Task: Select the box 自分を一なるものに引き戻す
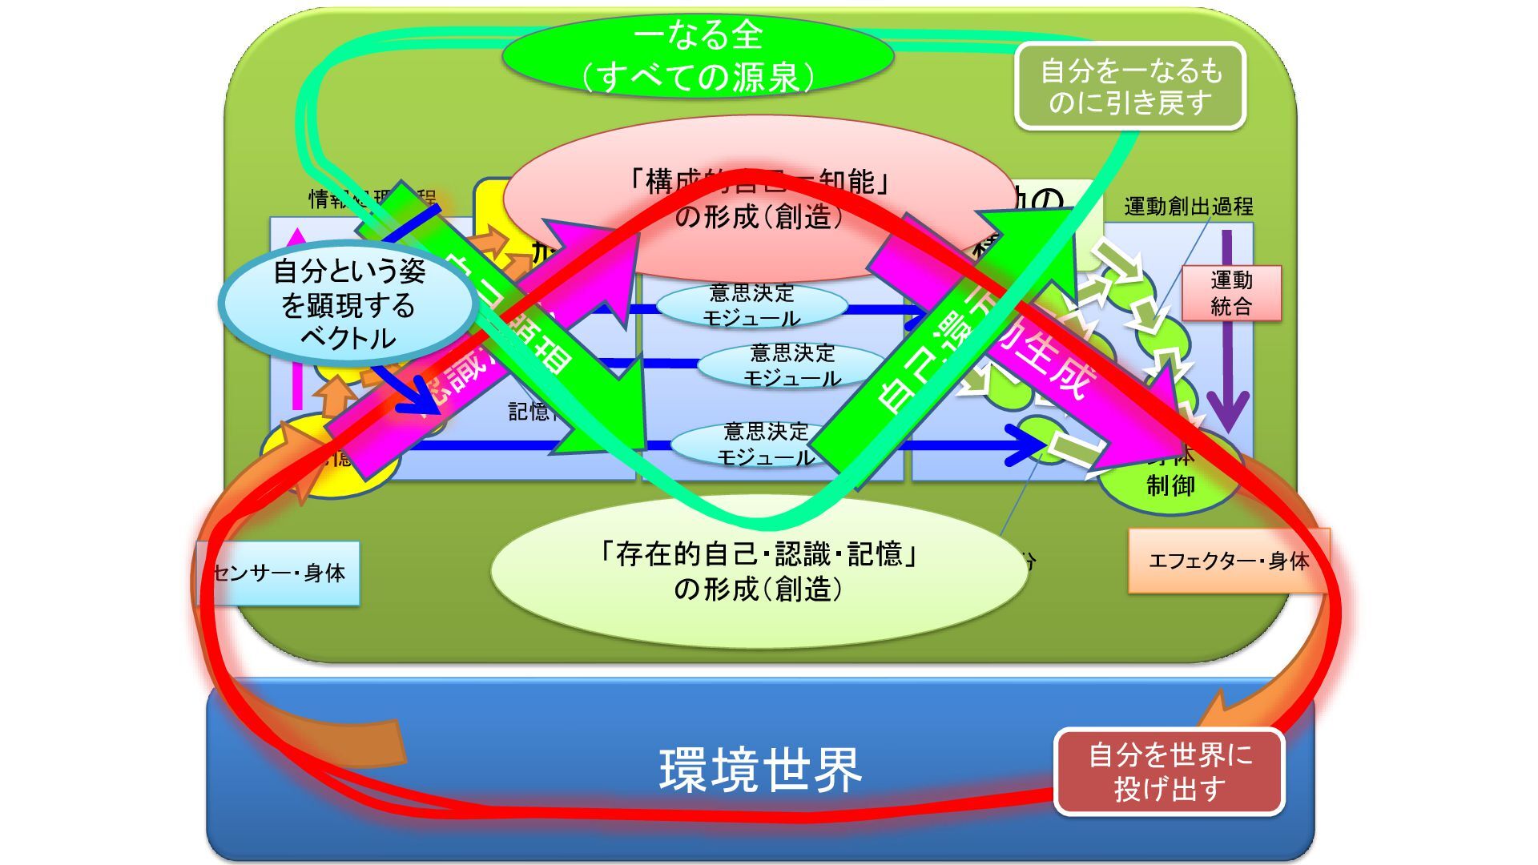[x=1130, y=86]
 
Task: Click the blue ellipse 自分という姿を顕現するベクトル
[x=348, y=304]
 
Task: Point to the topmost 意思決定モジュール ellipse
[x=751, y=305]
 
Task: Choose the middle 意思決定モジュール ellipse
[x=791, y=365]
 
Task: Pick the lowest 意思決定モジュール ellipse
[x=765, y=445]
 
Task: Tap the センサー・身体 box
[x=279, y=573]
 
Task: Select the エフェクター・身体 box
[x=1227, y=561]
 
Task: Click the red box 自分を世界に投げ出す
[x=1170, y=772]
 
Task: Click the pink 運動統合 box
[x=1231, y=293]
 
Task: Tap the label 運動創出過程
[x=1188, y=207]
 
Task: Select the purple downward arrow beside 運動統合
[x=1227, y=336]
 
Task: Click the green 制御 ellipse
[x=1170, y=485]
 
